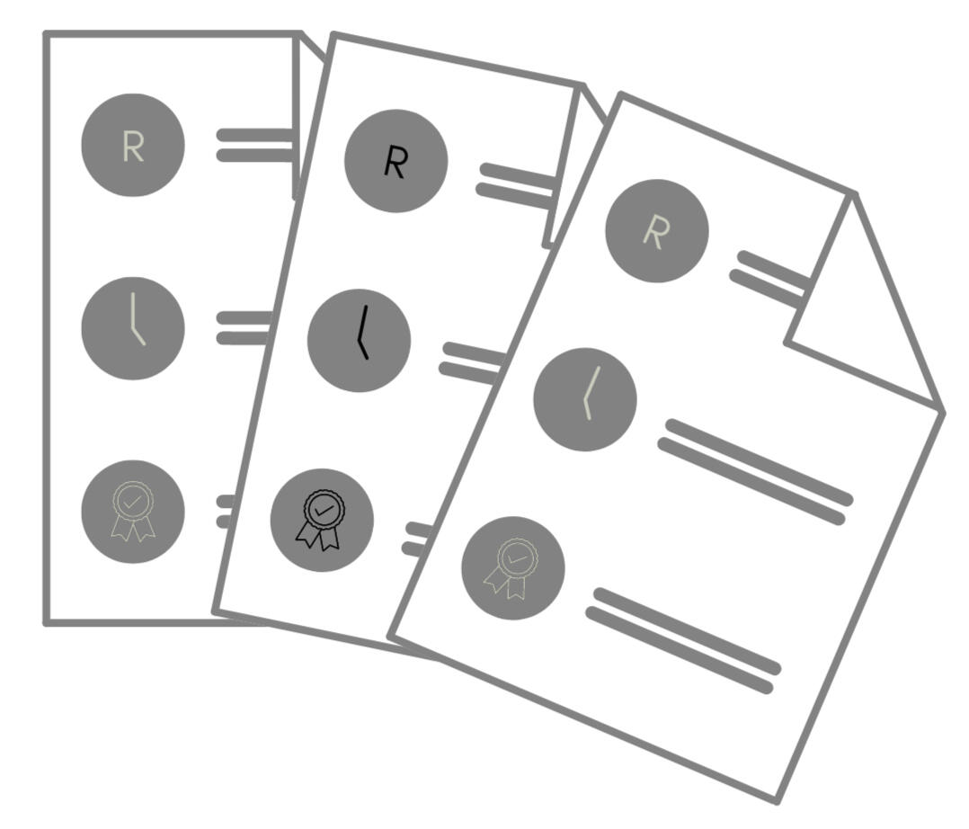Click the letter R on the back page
click(x=133, y=146)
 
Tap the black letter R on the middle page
click(x=396, y=162)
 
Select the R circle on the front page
click(x=656, y=231)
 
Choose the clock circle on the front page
click(x=585, y=399)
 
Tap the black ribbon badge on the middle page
click(x=321, y=520)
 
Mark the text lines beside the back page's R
click(x=255, y=145)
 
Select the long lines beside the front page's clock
click(x=755, y=471)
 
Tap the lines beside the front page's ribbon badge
click(x=683, y=640)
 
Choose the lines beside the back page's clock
click(x=244, y=328)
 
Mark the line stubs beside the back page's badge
click(x=225, y=511)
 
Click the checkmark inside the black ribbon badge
click(x=324, y=510)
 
